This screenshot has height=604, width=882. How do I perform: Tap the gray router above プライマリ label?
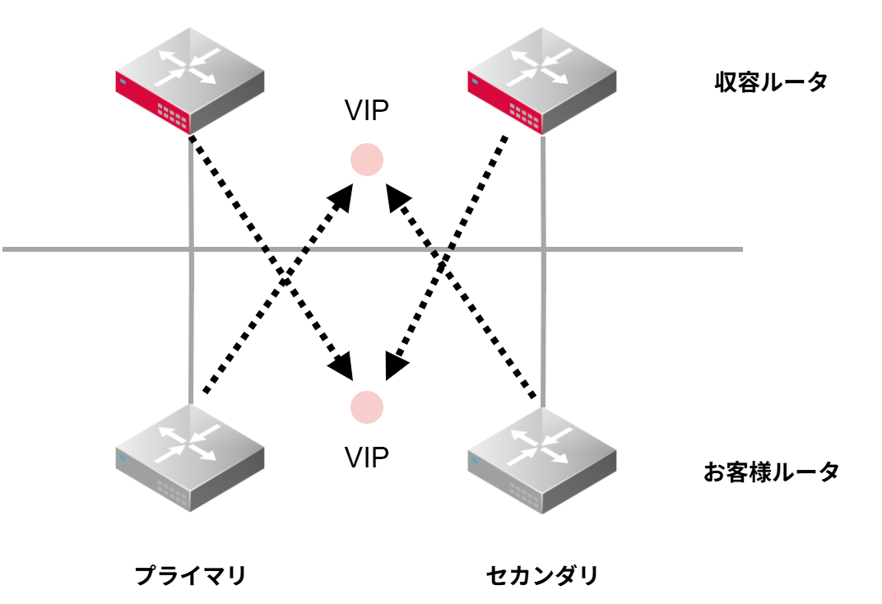coord(189,458)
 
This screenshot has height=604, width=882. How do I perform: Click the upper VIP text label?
coord(366,111)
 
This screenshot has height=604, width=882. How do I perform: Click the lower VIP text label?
coord(366,458)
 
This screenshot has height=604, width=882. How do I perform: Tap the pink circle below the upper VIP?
coord(367,160)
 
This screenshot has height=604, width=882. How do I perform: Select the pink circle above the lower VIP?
coord(367,407)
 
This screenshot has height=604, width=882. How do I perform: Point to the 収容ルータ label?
coord(770,82)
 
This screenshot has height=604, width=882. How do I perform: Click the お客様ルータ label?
coord(771,472)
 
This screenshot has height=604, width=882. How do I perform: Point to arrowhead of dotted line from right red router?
coord(395,367)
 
